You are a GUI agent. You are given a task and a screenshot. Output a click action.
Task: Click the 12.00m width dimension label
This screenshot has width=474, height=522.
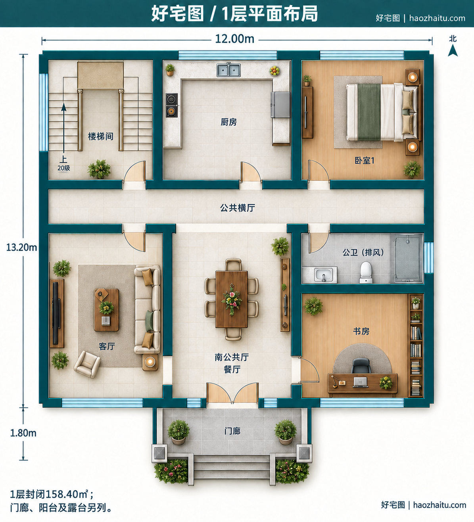coord(234,39)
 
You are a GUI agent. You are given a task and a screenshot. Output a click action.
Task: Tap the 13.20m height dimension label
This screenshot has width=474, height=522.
coord(21,247)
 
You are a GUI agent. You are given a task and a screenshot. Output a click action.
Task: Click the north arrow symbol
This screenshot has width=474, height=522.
coord(453,50)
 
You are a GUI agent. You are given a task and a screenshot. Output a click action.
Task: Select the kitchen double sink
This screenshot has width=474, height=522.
coord(228,70)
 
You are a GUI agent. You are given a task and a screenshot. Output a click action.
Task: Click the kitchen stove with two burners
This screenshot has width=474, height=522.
coord(172,105)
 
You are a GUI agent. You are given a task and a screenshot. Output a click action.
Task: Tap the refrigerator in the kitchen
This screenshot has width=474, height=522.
coord(280,105)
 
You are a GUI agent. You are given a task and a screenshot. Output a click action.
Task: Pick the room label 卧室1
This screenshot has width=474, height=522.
coord(365,160)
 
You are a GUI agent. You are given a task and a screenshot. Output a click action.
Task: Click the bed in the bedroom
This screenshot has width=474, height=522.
coord(383,112)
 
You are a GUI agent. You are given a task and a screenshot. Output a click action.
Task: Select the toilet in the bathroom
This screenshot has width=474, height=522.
coord(366,272)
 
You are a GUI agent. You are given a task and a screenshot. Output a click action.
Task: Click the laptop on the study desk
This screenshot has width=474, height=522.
coord(360,382)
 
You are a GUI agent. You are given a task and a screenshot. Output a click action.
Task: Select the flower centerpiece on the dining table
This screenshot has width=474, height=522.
coord(231,300)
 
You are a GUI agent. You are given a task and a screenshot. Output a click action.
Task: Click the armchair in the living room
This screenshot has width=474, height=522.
coord(87,364)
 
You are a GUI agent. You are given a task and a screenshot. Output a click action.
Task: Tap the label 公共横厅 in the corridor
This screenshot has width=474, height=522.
coord(237,208)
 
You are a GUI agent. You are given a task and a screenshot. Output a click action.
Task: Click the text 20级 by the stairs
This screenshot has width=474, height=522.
coord(64,168)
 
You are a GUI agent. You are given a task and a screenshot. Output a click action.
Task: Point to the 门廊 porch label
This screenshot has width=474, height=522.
coord(232,431)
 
